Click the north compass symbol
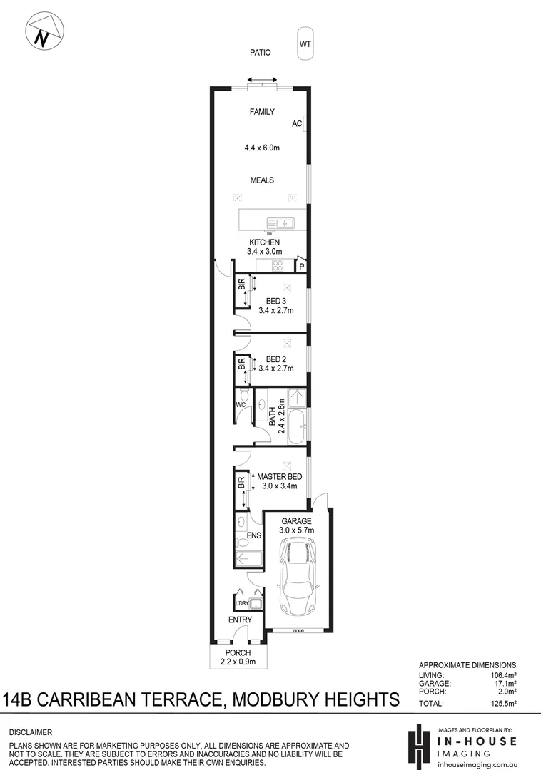point(43,34)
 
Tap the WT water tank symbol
point(305,44)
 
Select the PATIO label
point(260,53)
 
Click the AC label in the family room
point(297,124)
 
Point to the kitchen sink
point(280,223)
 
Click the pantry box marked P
point(302,267)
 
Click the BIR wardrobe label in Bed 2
point(241,363)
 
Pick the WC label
point(241,406)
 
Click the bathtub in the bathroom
point(297,426)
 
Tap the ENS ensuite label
point(253,535)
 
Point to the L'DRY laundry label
point(241,604)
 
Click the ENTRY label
point(240,620)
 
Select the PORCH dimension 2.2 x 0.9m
point(238,662)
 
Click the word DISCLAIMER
point(31,732)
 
